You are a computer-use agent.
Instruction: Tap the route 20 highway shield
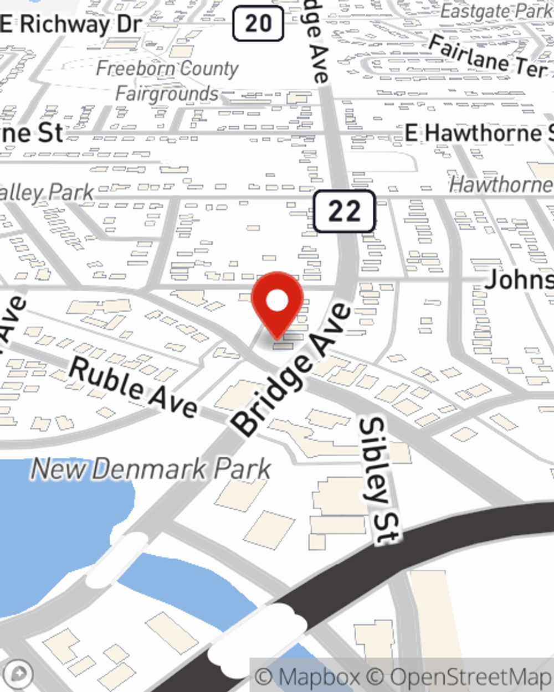tap(258, 23)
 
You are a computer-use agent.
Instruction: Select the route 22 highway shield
tap(345, 211)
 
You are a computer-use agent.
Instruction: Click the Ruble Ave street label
tap(133, 386)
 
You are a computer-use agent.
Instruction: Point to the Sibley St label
tap(379, 479)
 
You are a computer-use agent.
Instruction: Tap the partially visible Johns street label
tap(519, 280)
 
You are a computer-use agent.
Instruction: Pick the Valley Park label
tap(47, 193)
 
